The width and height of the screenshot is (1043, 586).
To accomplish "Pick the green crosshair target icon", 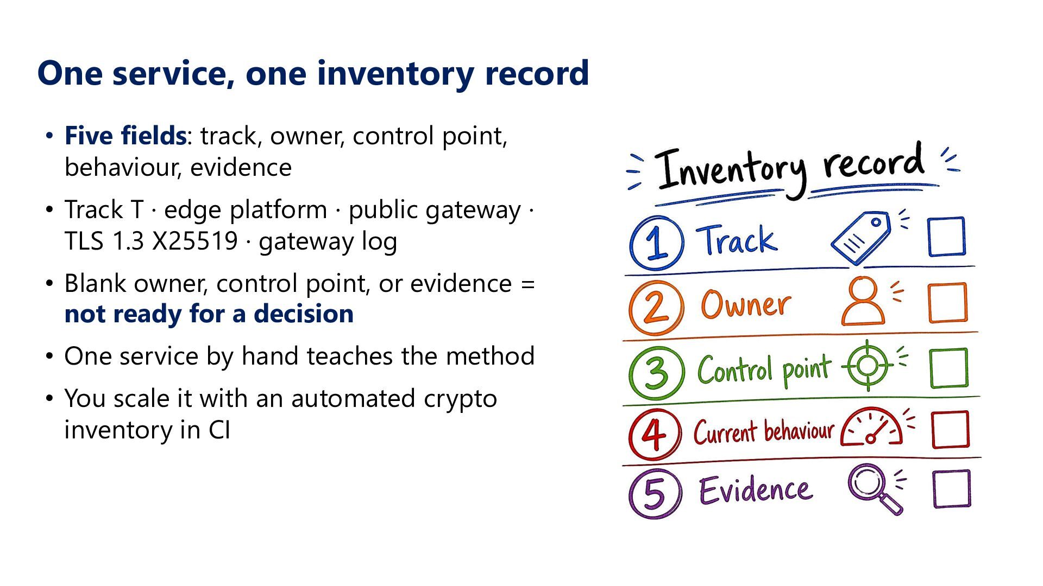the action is point(868,365).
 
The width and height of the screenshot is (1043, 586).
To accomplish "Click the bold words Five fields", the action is point(125,136).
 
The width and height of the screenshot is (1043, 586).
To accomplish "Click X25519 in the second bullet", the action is point(195,241).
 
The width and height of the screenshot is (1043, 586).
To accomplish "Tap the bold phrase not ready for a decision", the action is point(209,314).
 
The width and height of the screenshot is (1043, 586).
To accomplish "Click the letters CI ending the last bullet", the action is point(219,430).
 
